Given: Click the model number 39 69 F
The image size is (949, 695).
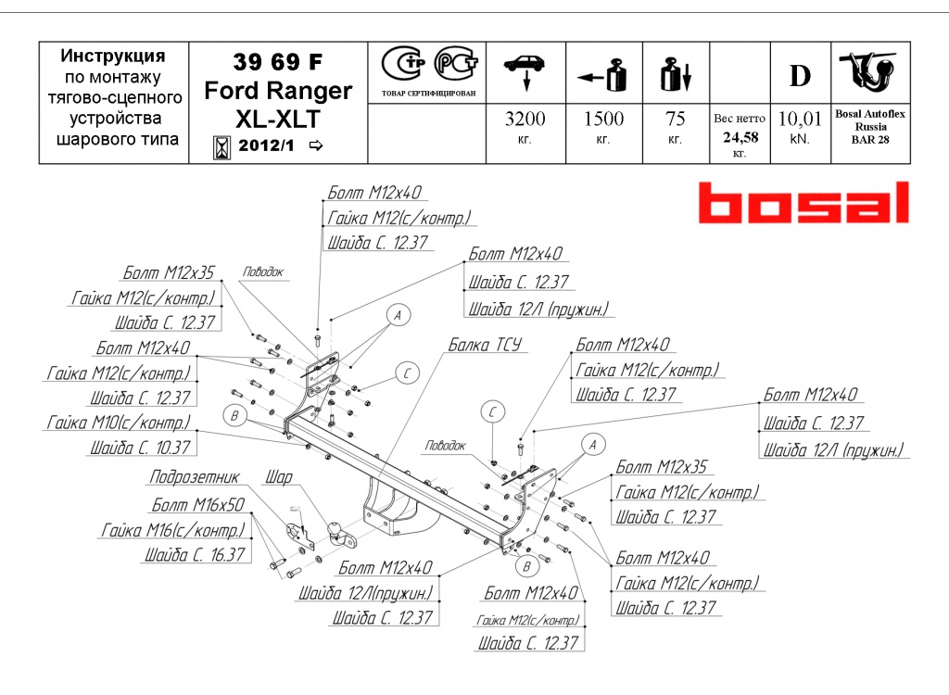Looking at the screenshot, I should (278, 62).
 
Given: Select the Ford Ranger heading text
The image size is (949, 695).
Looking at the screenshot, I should (278, 91).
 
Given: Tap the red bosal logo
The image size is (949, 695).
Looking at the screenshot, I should (803, 203).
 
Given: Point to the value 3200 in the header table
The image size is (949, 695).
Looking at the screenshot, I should (525, 120).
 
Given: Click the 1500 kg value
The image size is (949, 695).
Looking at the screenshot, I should (602, 120).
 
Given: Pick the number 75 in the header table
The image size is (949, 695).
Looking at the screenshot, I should (675, 120).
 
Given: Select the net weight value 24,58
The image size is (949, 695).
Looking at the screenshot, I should (739, 137).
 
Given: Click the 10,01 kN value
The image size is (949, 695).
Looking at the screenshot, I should (800, 120).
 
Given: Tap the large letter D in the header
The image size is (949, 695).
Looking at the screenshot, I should (800, 76).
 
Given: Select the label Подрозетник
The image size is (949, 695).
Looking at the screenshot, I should (194, 477).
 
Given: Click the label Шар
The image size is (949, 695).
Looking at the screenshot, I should (278, 478).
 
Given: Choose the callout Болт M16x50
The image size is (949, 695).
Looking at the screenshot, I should (197, 505).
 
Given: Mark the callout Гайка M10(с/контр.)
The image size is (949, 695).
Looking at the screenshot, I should (119, 423).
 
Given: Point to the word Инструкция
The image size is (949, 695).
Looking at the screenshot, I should (113, 57).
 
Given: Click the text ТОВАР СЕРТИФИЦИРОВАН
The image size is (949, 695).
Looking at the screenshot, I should (428, 94).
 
